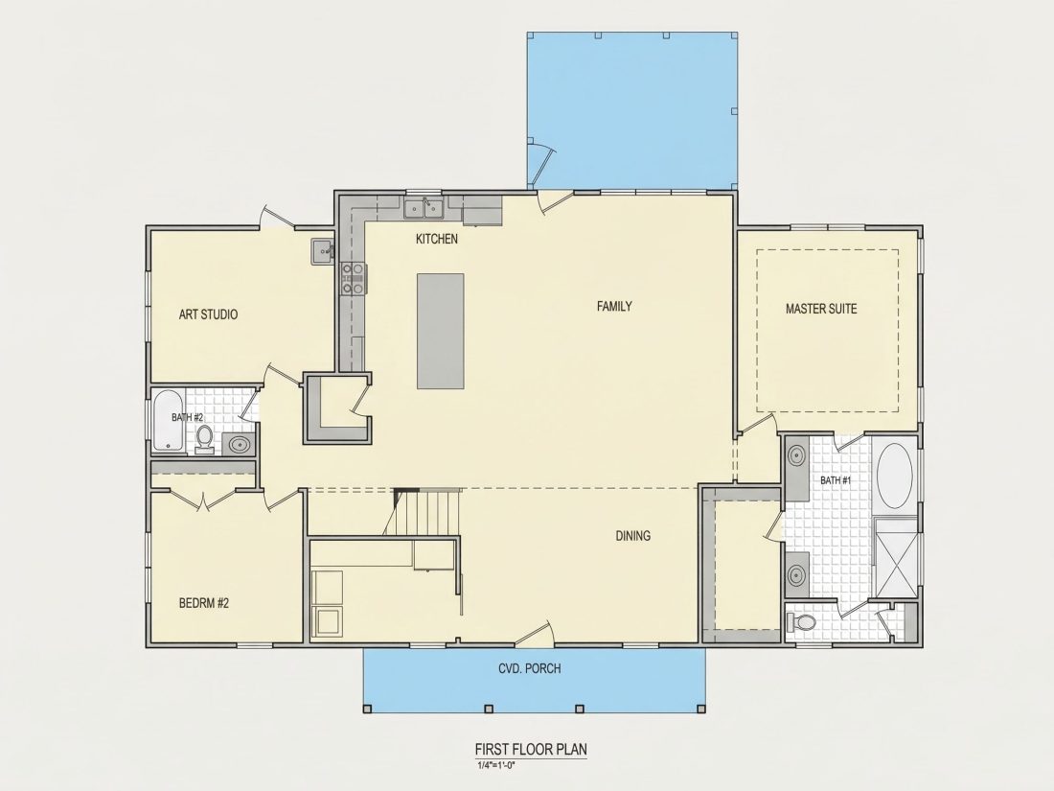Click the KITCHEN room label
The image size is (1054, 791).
tap(437, 239)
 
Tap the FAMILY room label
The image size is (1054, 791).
tap(614, 306)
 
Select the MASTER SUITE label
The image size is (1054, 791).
tap(821, 309)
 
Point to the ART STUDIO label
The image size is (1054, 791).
tap(208, 314)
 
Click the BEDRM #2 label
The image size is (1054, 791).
tap(204, 603)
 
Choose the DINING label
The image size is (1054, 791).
tap(633, 536)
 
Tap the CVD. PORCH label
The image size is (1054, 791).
tap(530, 668)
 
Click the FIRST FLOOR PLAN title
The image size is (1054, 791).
tap(531, 750)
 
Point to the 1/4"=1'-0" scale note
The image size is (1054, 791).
tap(496, 765)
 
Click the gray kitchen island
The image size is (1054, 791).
tap(441, 331)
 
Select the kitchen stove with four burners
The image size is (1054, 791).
tap(354, 278)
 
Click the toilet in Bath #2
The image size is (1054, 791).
tap(204, 439)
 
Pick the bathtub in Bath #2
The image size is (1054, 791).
tap(168, 420)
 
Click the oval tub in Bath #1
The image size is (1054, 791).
tap(895, 476)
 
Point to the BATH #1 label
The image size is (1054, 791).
tap(836, 481)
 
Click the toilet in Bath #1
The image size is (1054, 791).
tap(801, 622)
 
